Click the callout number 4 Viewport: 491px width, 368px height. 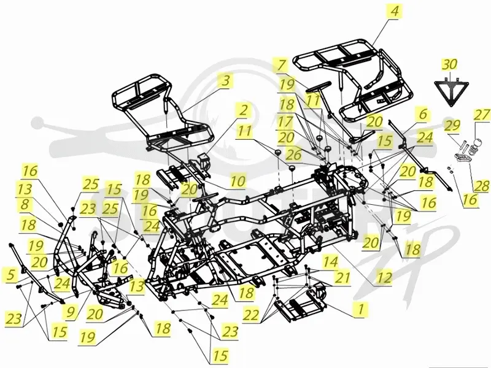pos(394,12)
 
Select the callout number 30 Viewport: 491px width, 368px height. pos(449,64)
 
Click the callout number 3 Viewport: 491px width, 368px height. pos(226,80)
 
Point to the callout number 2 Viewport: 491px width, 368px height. pos(243,110)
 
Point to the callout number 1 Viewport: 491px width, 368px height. pos(361,309)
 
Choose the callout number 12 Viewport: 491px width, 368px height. pos(384,277)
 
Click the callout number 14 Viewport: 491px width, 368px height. pos(331,262)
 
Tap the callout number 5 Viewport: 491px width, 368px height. pos(11,275)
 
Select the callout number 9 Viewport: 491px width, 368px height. pos(71,312)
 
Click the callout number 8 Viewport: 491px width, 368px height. pos(25,204)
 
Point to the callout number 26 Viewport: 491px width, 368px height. pos(293,155)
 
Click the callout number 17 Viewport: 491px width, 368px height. pos(285,121)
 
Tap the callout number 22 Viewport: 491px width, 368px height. pos(251,315)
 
